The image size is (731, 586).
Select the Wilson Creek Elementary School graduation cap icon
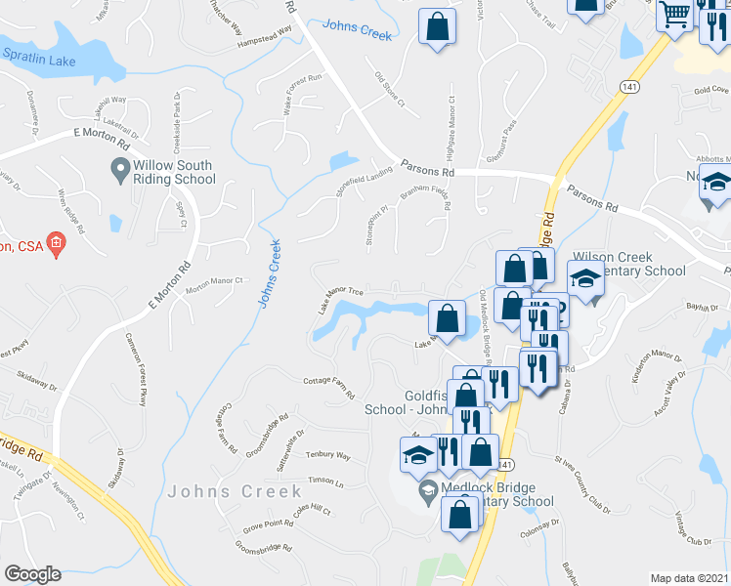pos(586,278)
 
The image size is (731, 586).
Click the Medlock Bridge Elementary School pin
pos(427,488)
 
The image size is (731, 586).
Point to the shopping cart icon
pos(674,15)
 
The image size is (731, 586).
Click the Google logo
pos(31,574)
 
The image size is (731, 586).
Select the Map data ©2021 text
pos(689,578)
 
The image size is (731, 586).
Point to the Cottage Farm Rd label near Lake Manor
pos(327,386)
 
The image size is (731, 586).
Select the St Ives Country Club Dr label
pos(589,468)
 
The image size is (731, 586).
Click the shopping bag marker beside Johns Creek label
pos(437,25)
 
